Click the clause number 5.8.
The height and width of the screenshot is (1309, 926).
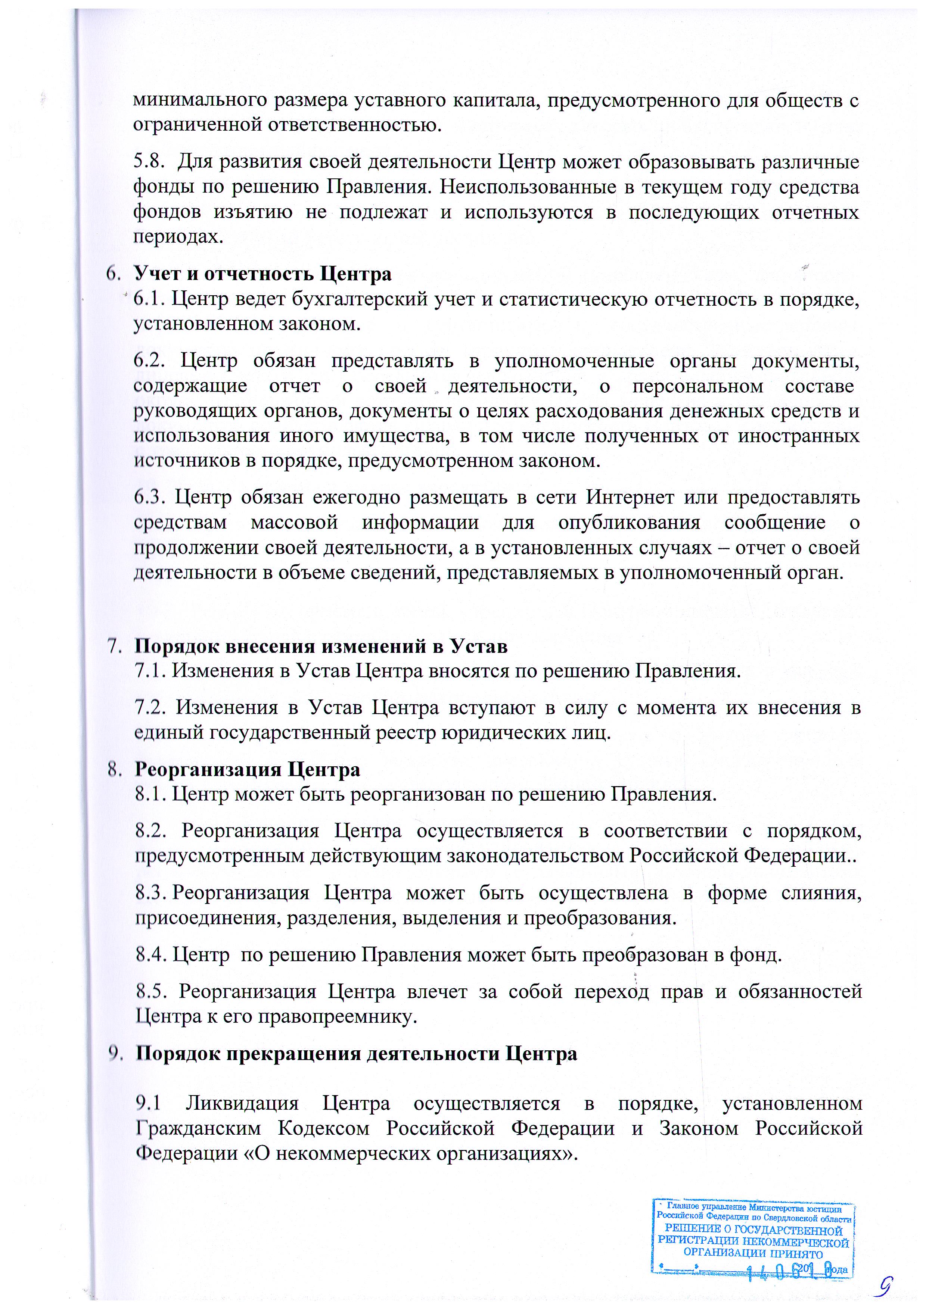click(x=149, y=162)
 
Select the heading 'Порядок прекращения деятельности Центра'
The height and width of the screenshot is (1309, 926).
click(x=356, y=1054)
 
